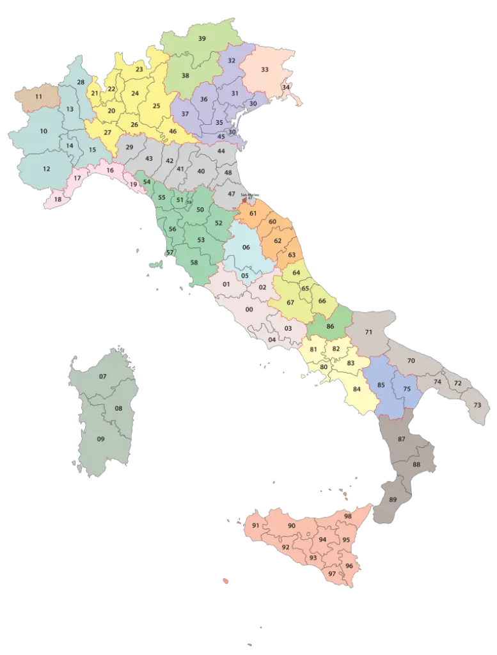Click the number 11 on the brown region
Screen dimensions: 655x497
click(39, 97)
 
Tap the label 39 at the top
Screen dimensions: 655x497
click(202, 39)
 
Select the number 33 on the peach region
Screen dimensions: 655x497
click(264, 69)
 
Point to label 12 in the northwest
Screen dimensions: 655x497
click(47, 169)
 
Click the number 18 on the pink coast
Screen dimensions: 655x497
click(58, 199)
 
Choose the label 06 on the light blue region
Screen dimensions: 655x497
click(246, 248)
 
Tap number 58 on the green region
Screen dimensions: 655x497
click(194, 263)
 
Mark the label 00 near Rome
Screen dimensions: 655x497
click(249, 310)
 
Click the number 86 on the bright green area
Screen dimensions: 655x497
click(330, 327)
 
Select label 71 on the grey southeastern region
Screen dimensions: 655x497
click(368, 333)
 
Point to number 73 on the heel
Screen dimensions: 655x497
click(477, 405)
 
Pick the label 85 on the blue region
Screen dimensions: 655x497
click(381, 385)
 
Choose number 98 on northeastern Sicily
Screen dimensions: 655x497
click(348, 516)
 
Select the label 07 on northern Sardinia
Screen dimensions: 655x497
click(102, 376)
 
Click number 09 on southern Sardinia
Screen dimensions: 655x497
click(100, 439)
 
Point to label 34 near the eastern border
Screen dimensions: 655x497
click(286, 87)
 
